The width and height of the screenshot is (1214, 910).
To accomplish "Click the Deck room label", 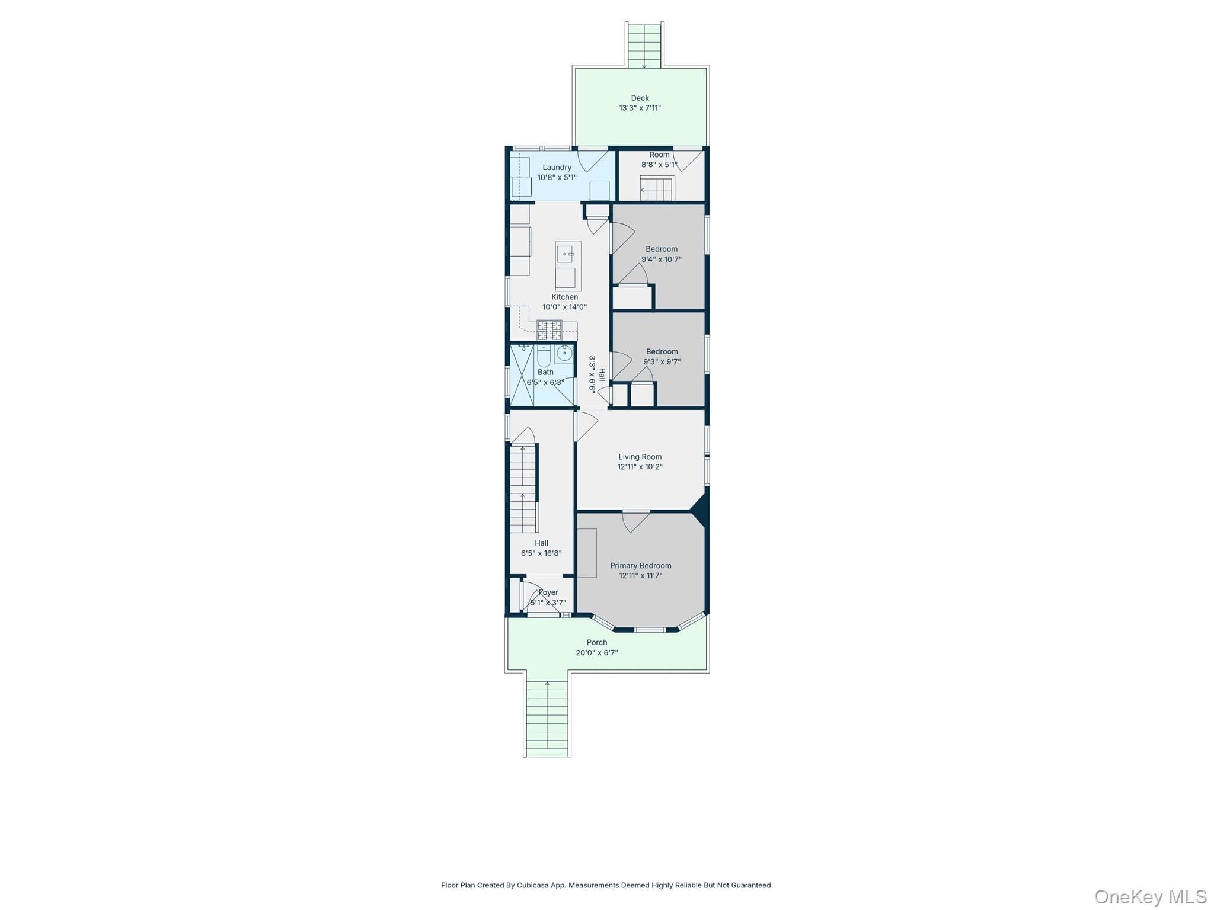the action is tap(640, 98).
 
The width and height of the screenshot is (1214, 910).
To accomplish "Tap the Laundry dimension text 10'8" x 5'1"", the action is tap(557, 177).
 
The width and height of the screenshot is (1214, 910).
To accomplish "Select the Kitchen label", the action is tap(564, 297).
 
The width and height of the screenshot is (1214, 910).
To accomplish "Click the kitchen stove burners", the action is tap(550, 330).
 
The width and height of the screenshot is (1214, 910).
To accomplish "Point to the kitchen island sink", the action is tap(564, 254).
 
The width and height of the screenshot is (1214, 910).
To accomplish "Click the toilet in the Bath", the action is tap(544, 356).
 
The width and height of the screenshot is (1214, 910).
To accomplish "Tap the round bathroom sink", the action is tap(564, 354).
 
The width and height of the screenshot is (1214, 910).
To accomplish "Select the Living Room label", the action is tap(640, 457).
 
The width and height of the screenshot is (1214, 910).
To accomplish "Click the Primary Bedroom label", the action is tap(641, 566).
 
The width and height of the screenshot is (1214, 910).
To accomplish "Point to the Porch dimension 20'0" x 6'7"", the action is tap(597, 653).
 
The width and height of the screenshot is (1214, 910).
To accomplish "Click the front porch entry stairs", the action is tap(547, 718).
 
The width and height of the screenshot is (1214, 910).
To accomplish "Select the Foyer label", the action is tap(548, 592).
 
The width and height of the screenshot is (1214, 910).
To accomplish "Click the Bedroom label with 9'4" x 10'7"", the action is tap(662, 249).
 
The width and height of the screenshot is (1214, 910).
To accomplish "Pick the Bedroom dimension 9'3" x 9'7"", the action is tap(662, 361).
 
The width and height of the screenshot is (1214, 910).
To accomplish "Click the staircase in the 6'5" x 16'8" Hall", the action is tap(524, 488).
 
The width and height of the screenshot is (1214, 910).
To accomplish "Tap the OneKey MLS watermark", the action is tap(1151, 896).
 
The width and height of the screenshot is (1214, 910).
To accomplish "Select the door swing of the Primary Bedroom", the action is tap(636, 521).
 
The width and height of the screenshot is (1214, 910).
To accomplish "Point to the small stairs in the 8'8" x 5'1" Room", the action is tap(657, 189).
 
